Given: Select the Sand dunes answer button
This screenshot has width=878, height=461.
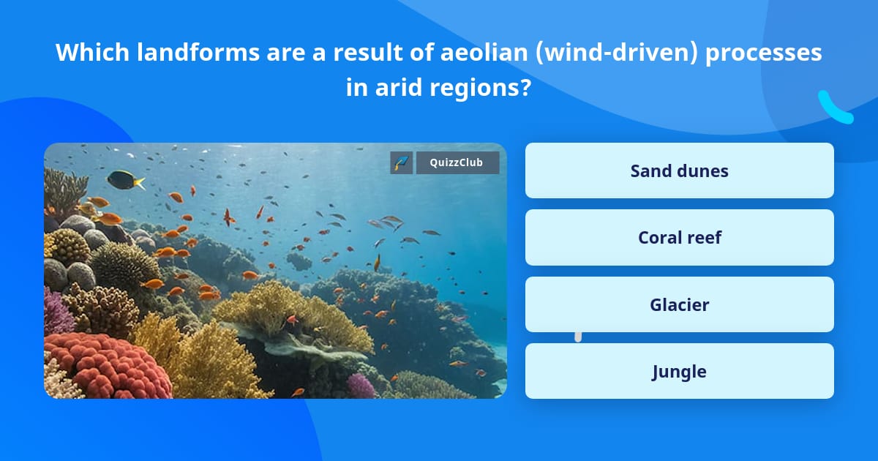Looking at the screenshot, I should tap(679, 170).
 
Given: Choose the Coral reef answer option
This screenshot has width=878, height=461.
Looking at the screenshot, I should tap(679, 238).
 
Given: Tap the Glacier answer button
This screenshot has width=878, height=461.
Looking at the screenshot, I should tap(679, 304).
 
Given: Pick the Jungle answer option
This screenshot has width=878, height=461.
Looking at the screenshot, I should tap(679, 372).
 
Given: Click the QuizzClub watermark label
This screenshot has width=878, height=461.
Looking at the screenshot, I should tap(457, 162).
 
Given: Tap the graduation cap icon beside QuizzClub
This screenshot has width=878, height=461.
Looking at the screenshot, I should tap(402, 162).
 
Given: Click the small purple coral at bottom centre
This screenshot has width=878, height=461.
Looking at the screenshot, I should tap(361, 385).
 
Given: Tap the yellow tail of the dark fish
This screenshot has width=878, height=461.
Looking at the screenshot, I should tap(138, 183).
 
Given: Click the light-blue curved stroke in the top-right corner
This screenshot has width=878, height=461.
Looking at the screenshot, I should tap(834, 108).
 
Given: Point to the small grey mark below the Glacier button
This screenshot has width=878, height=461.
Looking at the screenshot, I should tap(578, 337).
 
